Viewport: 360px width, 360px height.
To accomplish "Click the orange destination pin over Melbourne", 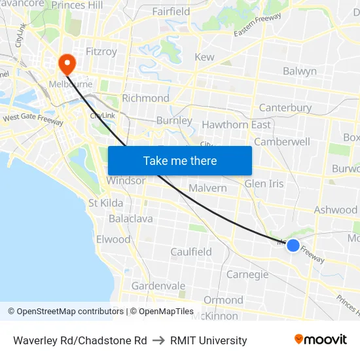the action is click(x=67, y=63).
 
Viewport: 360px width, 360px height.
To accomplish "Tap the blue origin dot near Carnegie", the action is click(x=293, y=245).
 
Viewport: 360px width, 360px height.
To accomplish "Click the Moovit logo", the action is click(x=320, y=340).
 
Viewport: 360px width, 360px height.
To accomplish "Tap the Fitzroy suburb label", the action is click(x=101, y=51).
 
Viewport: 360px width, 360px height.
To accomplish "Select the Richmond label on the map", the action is click(x=145, y=98).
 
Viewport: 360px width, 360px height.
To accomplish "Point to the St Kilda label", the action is click(x=106, y=203).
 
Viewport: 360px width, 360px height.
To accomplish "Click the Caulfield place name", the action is click(x=191, y=252).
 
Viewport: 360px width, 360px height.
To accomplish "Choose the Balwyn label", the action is click(x=300, y=71).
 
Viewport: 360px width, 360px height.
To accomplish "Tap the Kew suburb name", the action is click(x=204, y=57).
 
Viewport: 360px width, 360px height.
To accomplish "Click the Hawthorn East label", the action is click(x=236, y=124).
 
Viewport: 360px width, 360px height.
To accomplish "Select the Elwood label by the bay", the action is click(x=113, y=239).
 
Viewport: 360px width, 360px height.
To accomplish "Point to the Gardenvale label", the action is click(x=158, y=286).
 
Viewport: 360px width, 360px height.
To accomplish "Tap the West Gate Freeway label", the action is click(x=33, y=120).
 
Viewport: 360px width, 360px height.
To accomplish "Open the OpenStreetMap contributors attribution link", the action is click(x=65, y=312).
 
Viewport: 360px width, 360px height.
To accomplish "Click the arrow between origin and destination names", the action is click(x=158, y=340).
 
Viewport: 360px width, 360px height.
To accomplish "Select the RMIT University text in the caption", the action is click(x=208, y=340).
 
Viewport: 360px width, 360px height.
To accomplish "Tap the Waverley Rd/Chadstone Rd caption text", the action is click(x=80, y=340).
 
